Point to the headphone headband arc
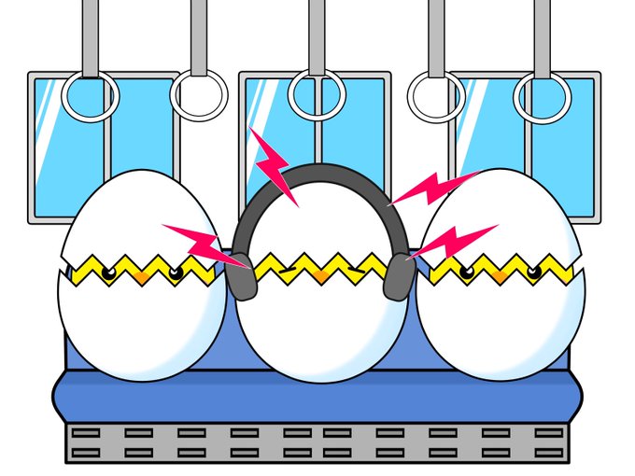321,174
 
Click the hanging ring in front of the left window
90,96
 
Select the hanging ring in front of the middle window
317,94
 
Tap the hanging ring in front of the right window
542,96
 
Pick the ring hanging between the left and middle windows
199,96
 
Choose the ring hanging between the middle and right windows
436,96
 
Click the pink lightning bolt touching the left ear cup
201,244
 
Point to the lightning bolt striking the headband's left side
274,167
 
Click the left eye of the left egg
109,272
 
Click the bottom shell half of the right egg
500,327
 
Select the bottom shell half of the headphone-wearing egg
322,327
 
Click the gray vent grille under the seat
318,442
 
